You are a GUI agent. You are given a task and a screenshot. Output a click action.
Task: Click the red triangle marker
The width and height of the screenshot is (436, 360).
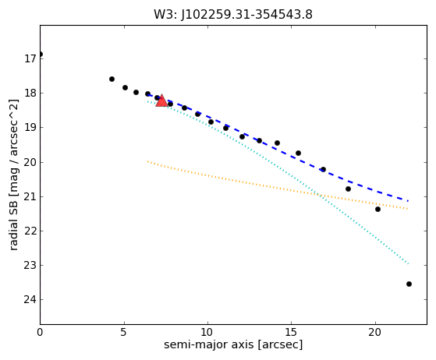coord(161,101)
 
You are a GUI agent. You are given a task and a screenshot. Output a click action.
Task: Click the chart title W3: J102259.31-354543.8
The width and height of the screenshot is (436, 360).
coord(233,15)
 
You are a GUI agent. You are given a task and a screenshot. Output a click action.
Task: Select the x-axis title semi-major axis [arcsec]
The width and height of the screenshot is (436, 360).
coord(233,344)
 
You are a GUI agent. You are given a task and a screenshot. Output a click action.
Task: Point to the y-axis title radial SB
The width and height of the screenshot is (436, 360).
coord(13,175)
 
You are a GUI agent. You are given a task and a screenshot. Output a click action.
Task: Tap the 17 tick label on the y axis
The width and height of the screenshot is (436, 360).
coord(30,59)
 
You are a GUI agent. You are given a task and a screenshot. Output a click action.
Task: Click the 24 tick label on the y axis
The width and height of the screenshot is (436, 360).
coord(30,299)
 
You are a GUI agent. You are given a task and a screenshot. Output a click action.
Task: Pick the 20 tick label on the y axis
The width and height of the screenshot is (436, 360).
coord(30,162)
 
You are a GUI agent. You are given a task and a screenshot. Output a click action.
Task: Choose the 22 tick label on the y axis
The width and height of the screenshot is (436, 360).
coord(30,231)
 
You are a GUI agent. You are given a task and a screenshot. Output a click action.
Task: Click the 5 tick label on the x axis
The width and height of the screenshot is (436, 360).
coord(124,332)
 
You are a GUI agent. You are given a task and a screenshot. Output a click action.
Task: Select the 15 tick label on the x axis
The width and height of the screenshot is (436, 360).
coord(291,332)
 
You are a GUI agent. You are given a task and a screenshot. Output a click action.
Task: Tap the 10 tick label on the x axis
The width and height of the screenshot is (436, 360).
coord(207,332)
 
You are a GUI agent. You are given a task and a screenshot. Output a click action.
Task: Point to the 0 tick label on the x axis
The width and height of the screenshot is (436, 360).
coord(40,332)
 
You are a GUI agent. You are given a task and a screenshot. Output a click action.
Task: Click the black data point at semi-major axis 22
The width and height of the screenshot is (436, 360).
coord(409,284)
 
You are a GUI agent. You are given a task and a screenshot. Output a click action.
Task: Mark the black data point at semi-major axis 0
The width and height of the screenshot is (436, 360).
coord(41,55)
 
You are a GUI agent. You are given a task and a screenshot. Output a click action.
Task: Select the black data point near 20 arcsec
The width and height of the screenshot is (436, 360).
coord(378,209)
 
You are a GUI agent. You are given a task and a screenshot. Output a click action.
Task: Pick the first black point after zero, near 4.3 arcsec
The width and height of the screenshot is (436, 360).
coord(112,79)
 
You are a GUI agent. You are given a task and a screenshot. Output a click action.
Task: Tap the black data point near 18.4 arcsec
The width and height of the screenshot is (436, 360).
coord(348,189)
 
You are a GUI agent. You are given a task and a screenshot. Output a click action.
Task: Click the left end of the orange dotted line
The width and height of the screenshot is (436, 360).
coord(147,161)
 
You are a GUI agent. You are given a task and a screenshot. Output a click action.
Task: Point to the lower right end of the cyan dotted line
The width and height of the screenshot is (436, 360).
coord(408,263)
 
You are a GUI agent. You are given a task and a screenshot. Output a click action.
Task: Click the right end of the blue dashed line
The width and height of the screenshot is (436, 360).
coord(408,201)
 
